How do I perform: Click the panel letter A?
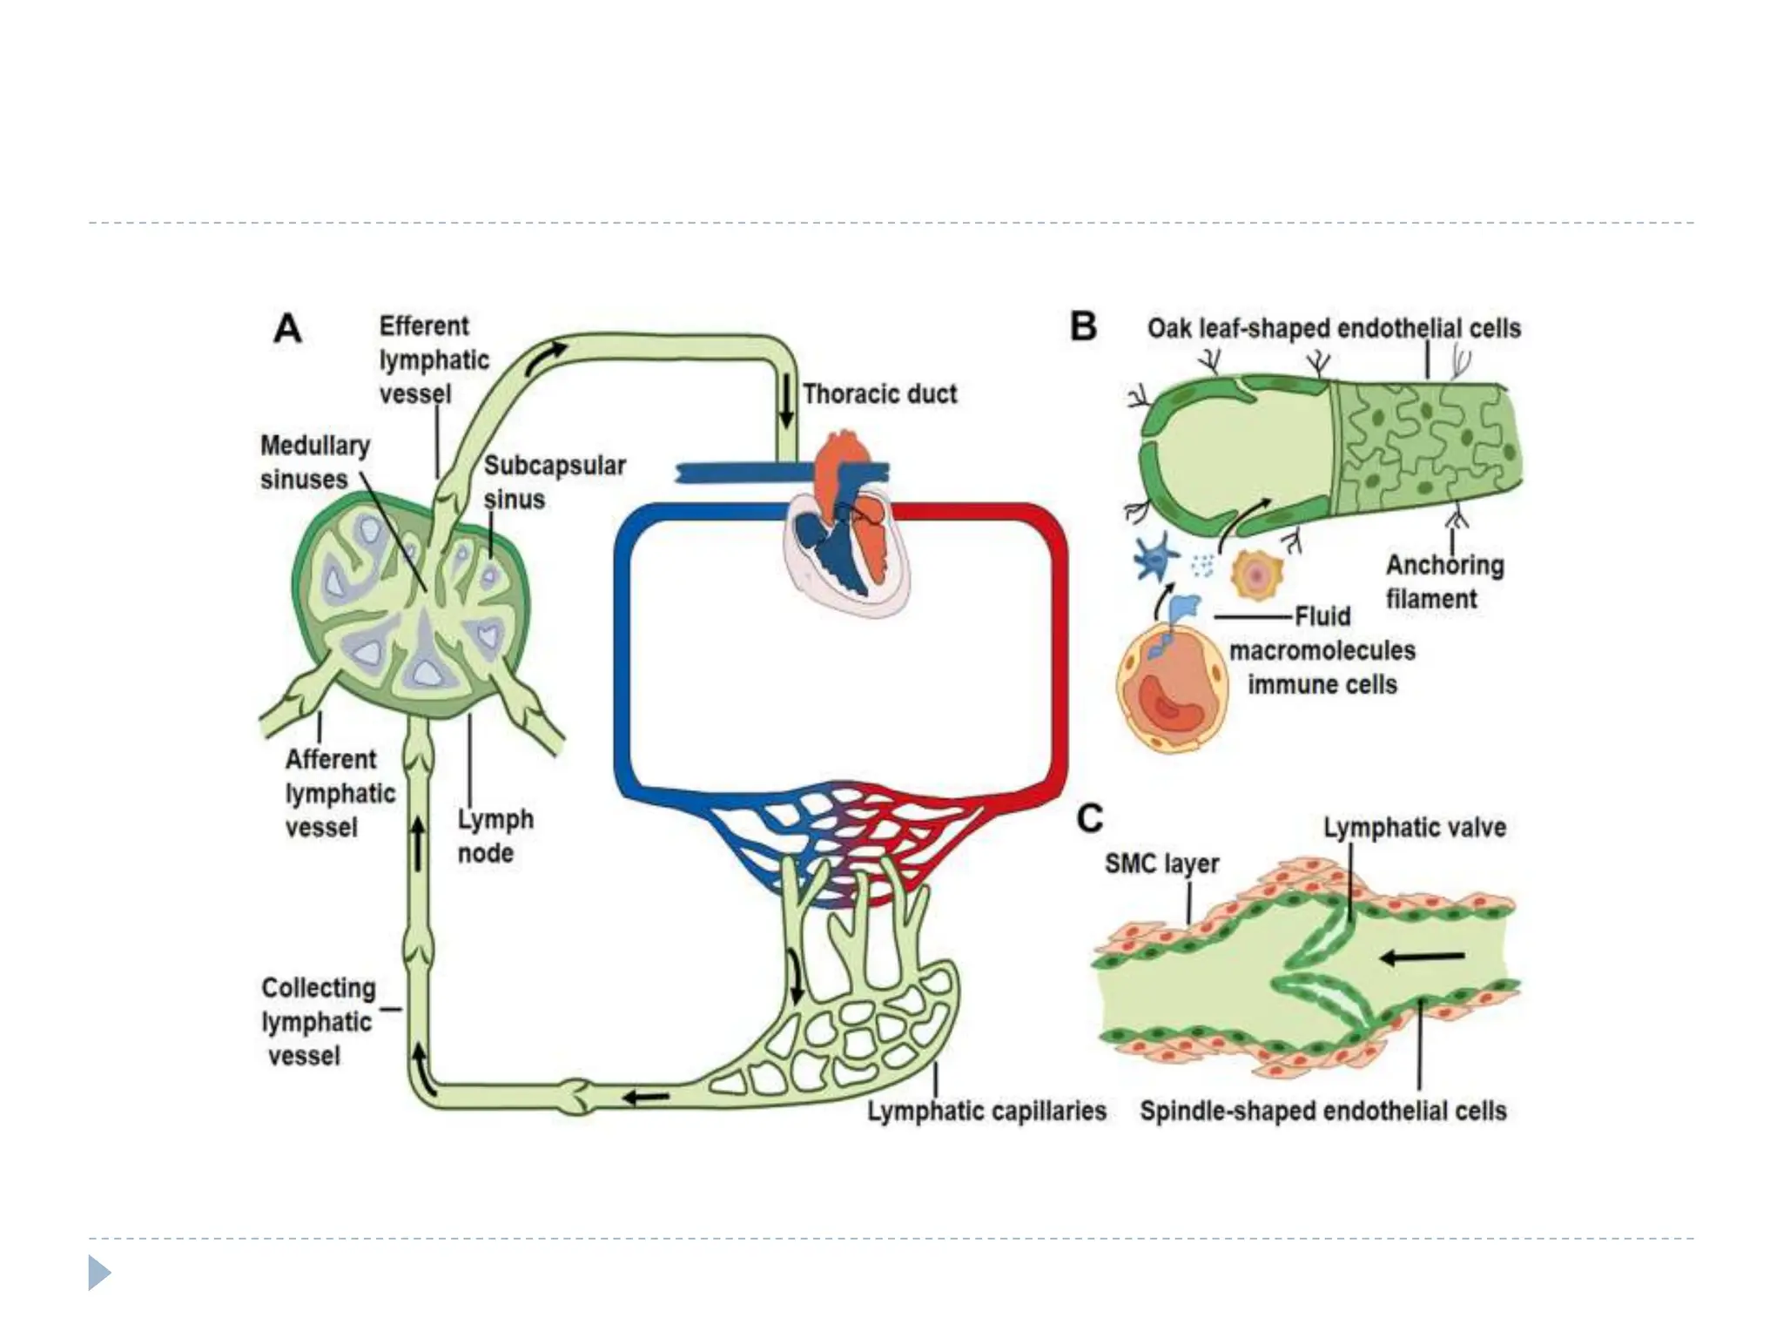287,330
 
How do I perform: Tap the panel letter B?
1083,327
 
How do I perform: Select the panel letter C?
1089,818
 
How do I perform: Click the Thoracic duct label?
879,394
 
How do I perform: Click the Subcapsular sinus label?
554,482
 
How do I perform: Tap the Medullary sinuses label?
314,462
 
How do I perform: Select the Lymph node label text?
495,836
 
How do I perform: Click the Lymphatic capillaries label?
986,1111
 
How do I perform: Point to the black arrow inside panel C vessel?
1423,957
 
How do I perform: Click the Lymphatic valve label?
1414,827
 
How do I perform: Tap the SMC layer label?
1161,863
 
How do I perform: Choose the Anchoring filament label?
1443,581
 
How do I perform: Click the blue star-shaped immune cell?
1154,558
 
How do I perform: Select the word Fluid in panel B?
1322,616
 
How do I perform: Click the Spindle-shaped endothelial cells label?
1322,1111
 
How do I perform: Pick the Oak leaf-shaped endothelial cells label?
1333,328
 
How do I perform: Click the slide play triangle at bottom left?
99,1273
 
